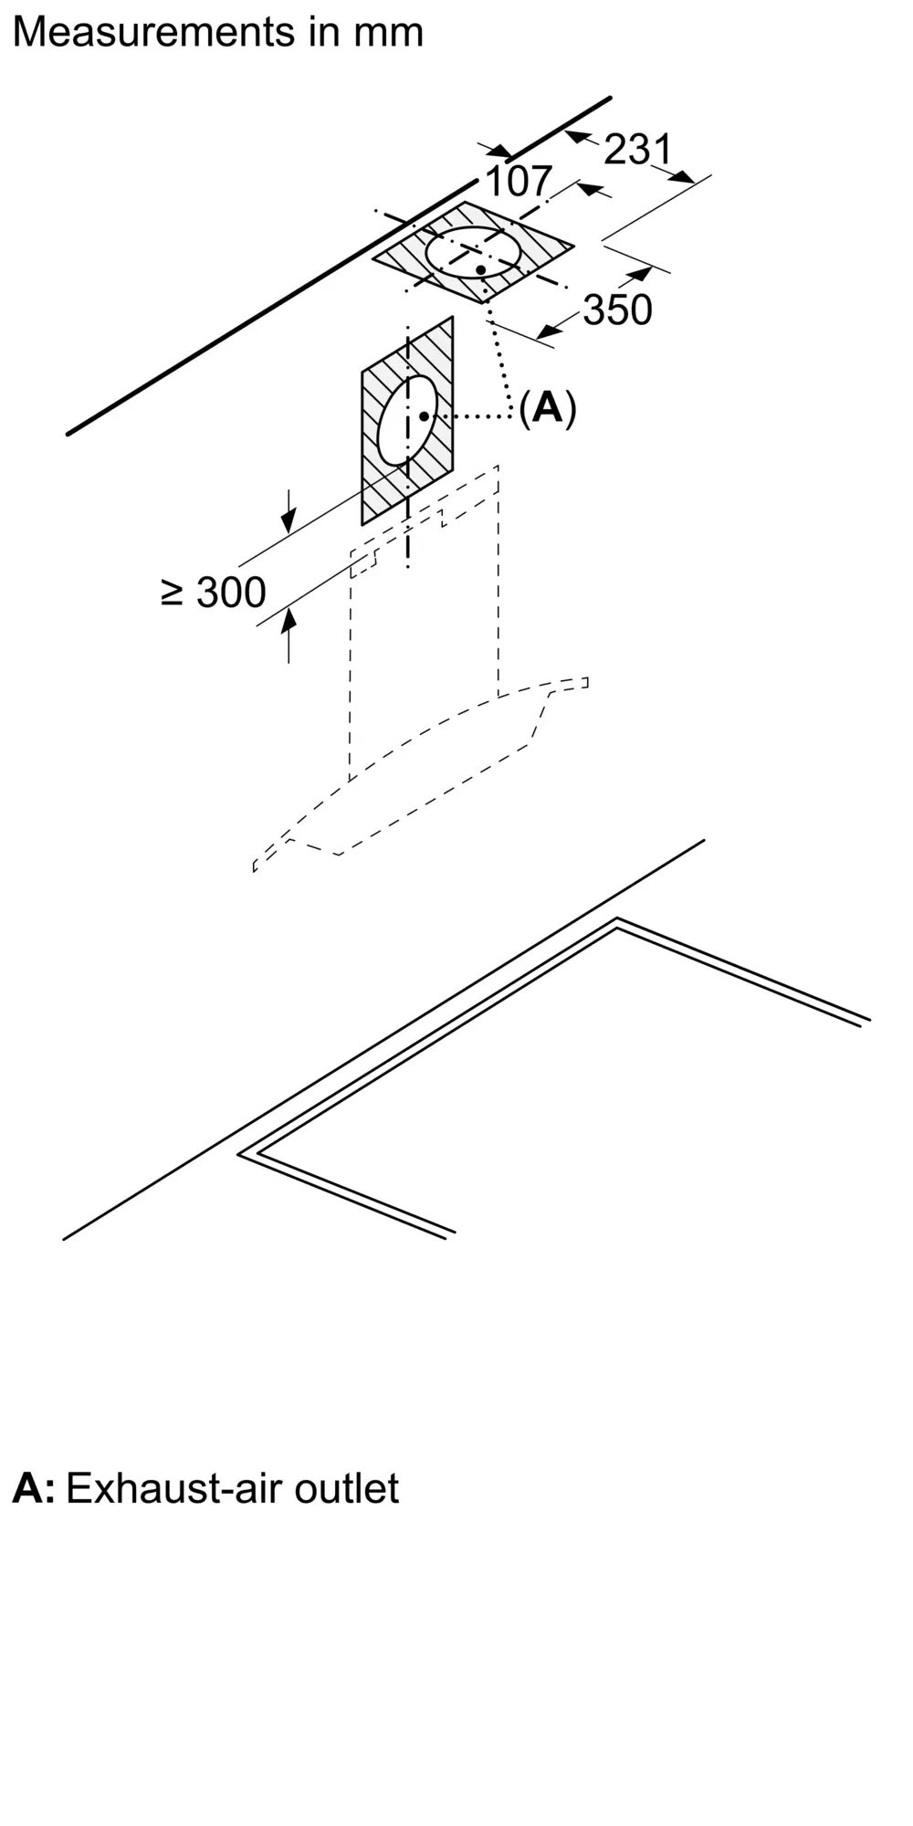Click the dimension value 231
coord(638,149)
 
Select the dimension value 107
coord(519,181)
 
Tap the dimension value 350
coord(618,310)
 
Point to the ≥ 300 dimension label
coord(214,593)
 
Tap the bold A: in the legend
coord(33,1488)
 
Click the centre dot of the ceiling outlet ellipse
coord(480,269)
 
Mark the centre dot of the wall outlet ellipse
coord(425,416)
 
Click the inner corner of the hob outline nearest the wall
coord(617,929)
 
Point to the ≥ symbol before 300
coord(172,593)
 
